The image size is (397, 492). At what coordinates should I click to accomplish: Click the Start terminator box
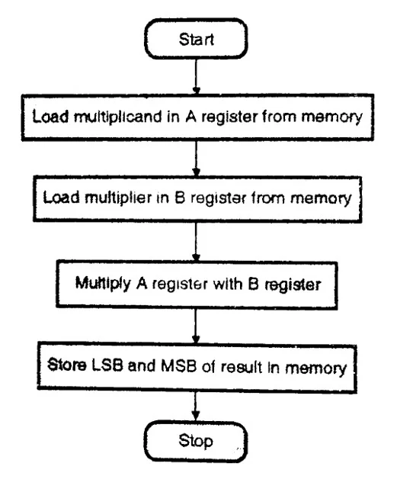[x=196, y=39]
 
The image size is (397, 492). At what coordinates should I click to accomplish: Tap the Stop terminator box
[x=196, y=441]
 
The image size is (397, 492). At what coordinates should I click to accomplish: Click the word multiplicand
[x=118, y=117]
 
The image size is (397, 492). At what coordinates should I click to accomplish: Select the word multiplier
[x=118, y=198]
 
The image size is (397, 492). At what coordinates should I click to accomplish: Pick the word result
[x=242, y=366]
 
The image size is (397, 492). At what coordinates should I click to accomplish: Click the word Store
[x=66, y=365]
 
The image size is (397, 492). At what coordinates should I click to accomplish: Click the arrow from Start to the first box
[x=196, y=76]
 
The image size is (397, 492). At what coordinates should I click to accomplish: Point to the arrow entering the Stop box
[x=196, y=407]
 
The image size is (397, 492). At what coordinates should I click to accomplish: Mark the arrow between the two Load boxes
[x=196, y=158]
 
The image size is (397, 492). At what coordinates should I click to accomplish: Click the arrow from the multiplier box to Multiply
[x=196, y=242]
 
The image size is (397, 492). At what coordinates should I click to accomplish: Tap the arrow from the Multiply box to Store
[x=196, y=326]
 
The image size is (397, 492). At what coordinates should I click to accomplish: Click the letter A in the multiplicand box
[x=190, y=117]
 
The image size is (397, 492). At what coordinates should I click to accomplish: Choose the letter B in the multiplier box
[x=180, y=198]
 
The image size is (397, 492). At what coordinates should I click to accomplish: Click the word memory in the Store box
[x=315, y=368]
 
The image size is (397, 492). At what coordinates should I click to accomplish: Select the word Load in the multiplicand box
[x=50, y=116]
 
